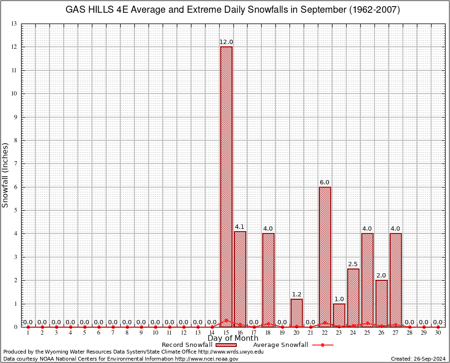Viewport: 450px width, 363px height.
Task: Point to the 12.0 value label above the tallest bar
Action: pos(226,42)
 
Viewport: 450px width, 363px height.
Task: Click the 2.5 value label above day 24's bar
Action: pos(353,264)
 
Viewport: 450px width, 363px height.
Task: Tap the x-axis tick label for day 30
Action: pos(438,333)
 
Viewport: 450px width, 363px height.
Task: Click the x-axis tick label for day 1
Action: pos(28,333)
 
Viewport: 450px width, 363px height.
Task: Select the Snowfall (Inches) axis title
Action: pos(6,175)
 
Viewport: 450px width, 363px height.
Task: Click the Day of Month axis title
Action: pos(233,338)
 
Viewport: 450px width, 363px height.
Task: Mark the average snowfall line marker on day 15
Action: pos(226,320)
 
